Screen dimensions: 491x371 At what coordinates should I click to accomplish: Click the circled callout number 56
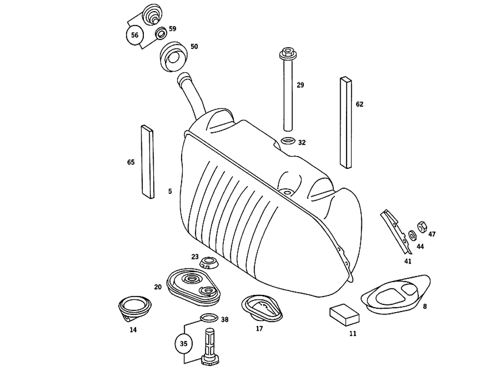(x=134, y=35)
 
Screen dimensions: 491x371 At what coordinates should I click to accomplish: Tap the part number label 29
(x=300, y=85)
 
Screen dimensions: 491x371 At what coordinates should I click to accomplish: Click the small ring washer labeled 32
(x=288, y=142)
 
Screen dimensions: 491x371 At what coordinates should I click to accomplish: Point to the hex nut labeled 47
(x=421, y=227)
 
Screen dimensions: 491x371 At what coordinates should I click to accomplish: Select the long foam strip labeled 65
(x=148, y=161)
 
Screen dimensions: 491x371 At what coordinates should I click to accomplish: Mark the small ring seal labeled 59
(x=161, y=34)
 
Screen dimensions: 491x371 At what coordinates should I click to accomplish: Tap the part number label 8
(x=425, y=306)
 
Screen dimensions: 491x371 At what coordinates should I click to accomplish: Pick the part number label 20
(x=158, y=287)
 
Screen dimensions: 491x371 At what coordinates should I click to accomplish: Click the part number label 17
(x=259, y=329)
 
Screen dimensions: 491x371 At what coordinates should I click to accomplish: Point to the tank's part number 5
(x=170, y=191)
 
